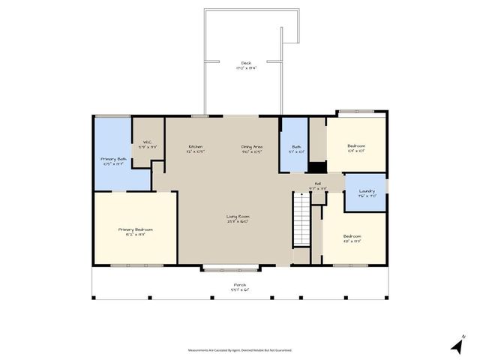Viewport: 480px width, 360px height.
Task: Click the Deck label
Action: pos(245,63)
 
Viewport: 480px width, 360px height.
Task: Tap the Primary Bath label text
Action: pos(114,159)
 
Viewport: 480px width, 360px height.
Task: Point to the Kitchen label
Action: pos(196,146)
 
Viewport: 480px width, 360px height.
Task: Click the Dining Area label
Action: pos(251,146)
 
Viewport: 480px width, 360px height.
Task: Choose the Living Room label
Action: pos(237,217)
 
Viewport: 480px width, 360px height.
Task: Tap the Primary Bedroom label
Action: pos(136,229)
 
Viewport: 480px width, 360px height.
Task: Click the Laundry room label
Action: pos(366,190)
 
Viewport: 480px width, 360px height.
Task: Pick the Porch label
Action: pos(239,285)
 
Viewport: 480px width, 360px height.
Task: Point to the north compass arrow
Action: pos(456,346)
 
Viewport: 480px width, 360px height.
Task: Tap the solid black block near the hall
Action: pos(318,169)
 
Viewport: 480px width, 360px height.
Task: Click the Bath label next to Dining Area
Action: pos(296,146)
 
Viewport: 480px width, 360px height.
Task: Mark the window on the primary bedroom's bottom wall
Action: pos(136,265)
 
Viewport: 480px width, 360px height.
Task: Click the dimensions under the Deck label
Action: pos(245,68)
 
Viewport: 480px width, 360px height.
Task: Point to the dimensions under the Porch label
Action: pos(239,290)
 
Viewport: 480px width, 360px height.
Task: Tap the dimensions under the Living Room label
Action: pos(237,222)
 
